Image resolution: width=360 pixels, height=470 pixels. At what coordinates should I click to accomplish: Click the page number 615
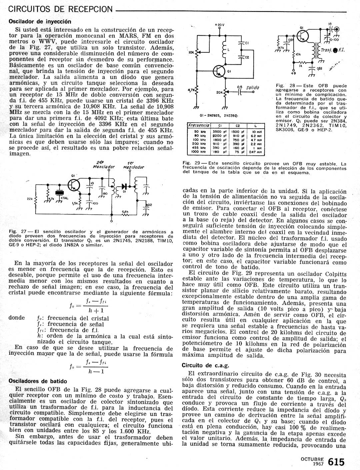pos(336,462)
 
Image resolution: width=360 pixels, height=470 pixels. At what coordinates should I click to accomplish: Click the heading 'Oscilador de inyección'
pos(40,21)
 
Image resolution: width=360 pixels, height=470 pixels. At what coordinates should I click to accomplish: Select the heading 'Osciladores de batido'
pos(38,381)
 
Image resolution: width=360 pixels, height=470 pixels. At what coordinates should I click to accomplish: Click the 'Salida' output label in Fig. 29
pos(252,87)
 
